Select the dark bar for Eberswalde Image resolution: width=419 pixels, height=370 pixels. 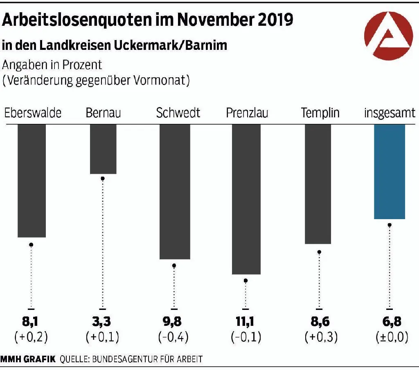(32, 180)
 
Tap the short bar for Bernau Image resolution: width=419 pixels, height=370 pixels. (103, 149)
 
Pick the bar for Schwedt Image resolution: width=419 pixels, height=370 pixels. (175, 191)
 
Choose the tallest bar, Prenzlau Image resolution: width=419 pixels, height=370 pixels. (246, 199)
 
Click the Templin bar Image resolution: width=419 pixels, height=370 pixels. (318, 184)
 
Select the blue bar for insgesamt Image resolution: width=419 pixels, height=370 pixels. (390, 172)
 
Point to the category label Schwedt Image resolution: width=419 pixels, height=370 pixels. (178, 113)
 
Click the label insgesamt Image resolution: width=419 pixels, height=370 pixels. (390, 113)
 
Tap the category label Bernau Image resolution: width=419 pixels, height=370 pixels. (103, 113)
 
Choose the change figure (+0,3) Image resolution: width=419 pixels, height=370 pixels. (321, 338)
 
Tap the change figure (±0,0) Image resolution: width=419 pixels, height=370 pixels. (391, 338)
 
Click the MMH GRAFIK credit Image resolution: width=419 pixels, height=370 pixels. (28, 360)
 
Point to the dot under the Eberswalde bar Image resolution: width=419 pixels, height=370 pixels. (31, 244)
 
